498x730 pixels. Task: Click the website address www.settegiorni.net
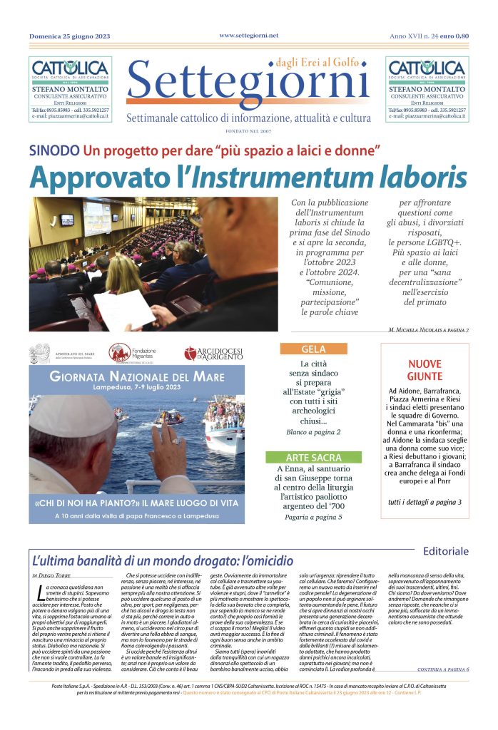pos(248,35)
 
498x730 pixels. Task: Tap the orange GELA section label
pos(313,349)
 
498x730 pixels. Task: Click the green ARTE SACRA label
pos(313,456)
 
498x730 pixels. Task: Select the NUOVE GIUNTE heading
pos(425,370)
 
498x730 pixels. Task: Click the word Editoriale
pos(445,551)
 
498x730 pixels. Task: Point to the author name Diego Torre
pos(56,575)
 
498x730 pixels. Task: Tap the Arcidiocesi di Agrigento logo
pos(213,353)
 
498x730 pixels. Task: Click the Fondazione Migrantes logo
pos(136,352)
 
